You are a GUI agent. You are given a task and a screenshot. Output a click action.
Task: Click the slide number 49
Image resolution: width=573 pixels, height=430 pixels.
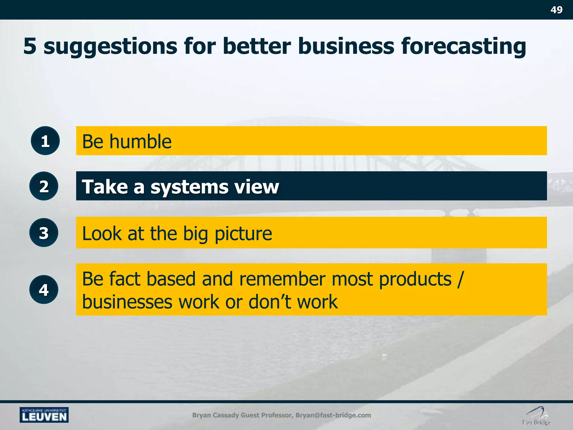(556, 10)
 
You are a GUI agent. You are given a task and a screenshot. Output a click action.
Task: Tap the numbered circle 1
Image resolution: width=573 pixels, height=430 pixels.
(45, 141)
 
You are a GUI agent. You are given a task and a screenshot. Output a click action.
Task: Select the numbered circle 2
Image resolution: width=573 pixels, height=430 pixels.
(44, 186)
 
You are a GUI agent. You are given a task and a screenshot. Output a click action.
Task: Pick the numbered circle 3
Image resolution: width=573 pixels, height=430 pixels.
(44, 233)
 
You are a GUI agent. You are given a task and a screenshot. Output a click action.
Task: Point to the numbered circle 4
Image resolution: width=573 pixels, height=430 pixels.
(44, 289)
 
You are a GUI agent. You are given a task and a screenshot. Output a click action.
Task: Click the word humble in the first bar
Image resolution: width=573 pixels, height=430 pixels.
(140, 141)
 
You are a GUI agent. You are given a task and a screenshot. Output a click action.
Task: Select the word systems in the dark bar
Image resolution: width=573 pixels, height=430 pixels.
(189, 187)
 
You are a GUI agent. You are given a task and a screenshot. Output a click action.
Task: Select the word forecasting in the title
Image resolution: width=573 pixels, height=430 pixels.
(463, 46)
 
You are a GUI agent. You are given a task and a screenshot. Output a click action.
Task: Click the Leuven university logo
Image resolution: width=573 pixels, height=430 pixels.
(44, 415)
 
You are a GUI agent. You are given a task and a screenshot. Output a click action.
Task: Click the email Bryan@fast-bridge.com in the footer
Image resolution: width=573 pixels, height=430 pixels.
(333, 415)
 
